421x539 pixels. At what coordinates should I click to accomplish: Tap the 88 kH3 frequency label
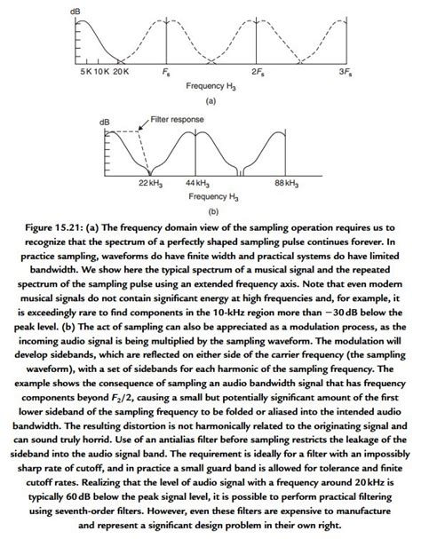tap(286, 182)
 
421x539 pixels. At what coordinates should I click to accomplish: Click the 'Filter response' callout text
tap(174, 118)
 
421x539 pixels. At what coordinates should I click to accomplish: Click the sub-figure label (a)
tap(210, 101)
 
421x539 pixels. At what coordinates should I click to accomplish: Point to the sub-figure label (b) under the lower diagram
tap(211, 211)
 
